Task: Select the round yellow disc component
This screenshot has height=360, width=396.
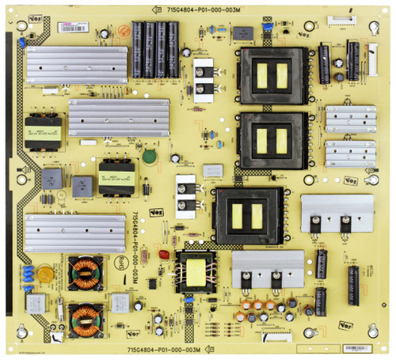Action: pos(46,274)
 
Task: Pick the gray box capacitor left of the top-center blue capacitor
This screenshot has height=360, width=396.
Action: pos(242,33)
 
